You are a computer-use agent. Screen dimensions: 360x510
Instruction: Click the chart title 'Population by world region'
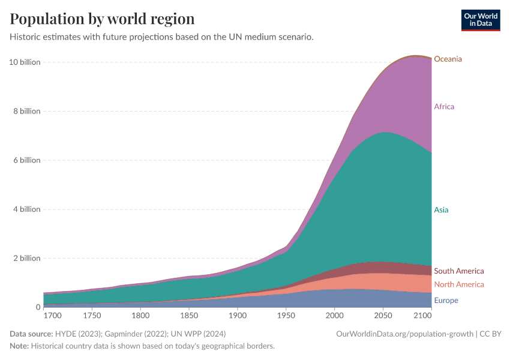103,19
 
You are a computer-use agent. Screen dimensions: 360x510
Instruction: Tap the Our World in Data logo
480,20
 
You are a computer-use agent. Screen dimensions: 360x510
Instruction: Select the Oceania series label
448,59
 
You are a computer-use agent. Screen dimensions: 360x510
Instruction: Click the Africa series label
444,107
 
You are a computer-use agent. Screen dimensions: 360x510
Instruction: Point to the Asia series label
441,210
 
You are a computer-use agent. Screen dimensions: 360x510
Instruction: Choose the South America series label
458,271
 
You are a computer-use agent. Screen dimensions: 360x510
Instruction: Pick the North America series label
458,284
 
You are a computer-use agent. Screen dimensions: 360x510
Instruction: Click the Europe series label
446,301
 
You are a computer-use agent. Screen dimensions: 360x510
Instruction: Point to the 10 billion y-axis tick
25,62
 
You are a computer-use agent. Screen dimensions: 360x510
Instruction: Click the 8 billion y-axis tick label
26,111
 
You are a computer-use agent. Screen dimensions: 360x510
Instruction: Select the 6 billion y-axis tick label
26,160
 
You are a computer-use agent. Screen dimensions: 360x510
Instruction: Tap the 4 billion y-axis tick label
26,209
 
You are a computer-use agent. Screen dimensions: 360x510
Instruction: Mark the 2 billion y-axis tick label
26,258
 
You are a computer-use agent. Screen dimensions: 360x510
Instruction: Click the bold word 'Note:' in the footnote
21,346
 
